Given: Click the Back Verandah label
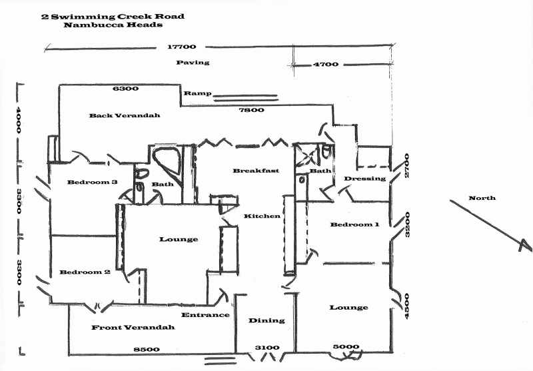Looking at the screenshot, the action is tap(125, 115).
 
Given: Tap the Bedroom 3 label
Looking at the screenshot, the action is tap(93, 182).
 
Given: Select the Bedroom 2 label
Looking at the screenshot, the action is tap(85, 272).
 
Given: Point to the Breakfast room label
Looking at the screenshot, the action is tap(256, 171).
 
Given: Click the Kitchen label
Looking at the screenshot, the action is tap(262, 216).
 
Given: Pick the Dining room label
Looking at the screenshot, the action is tap(266, 320).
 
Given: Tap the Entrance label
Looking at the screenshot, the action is tap(205, 315).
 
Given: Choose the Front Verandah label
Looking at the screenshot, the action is tap(133, 328).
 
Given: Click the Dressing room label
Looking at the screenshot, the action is tap(364, 179).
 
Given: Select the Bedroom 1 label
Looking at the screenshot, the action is tap(354, 224).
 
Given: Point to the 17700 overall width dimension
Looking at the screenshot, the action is tap(182, 47).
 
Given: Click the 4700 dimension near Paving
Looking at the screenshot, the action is tap(326, 64).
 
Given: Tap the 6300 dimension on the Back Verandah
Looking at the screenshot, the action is tap(126, 89).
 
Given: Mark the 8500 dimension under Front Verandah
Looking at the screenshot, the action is tap(146, 350).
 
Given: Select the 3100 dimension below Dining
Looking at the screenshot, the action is tap(267, 348).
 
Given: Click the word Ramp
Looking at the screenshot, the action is tap(197, 93).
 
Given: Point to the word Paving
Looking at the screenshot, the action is tap(193, 63).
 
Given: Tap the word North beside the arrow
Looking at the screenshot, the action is tap(482, 198).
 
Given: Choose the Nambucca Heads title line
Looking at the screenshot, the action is tap(113, 25).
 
